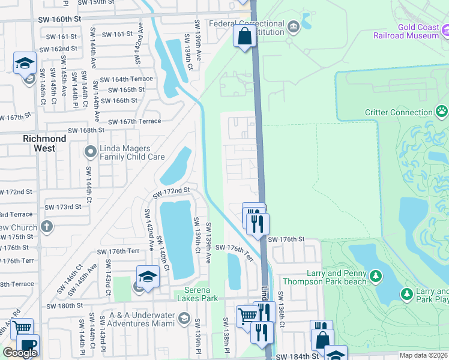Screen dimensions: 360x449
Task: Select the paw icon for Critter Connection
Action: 442,111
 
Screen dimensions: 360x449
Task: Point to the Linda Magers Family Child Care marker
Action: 91,151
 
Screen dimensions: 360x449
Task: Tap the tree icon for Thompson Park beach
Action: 376,276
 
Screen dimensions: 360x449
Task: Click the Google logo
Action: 20,353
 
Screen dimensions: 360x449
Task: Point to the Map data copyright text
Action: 424,355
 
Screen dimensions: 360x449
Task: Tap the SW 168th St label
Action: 86,130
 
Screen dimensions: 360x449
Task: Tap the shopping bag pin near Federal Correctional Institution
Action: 244,37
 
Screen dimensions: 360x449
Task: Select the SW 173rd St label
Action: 62,207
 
